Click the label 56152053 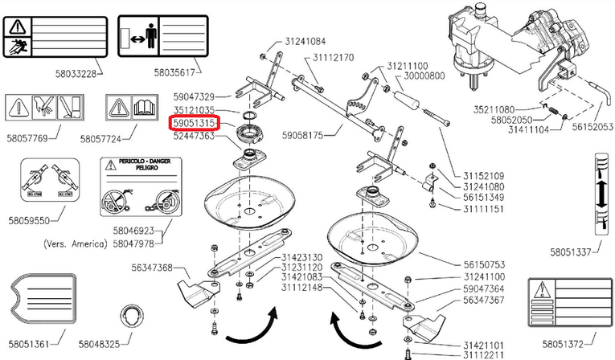coord(592,127)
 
